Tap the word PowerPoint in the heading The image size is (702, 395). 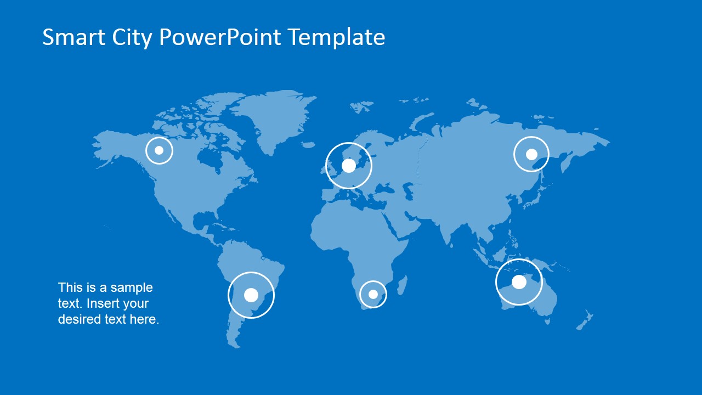coord(220,37)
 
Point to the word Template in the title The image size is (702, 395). coord(337,37)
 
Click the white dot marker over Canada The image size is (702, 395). coord(159,150)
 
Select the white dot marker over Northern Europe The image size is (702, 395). coord(348,166)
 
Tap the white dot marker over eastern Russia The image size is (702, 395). coord(531,154)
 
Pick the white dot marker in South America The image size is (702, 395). coord(251,295)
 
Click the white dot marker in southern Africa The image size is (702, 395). coord(373,295)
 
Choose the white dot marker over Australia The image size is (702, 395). coord(519,282)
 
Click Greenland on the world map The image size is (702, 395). coord(274,118)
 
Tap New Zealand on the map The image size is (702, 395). coord(584,321)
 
